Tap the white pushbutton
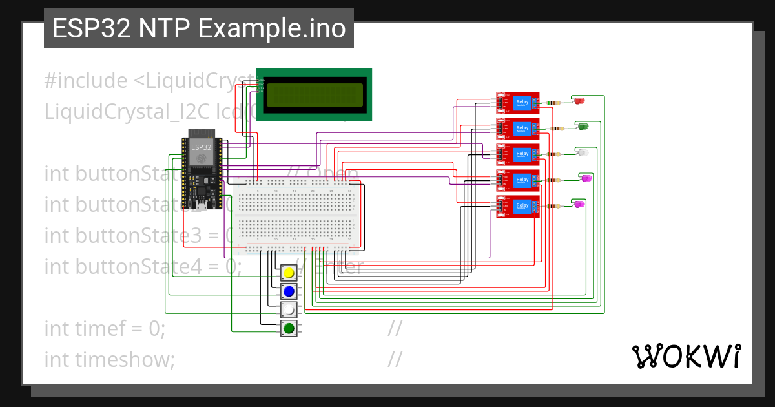pyautogui.click(x=289, y=310)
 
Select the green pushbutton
pyautogui.click(x=289, y=329)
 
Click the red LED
pyautogui.click(x=579, y=100)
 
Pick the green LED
pyautogui.click(x=583, y=126)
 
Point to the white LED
pyautogui.click(x=582, y=152)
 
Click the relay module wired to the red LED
pyautogui.click(x=517, y=103)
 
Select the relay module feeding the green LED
pyautogui.click(x=517, y=129)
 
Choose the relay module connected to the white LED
pyautogui.click(x=517, y=154)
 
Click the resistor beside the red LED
pyautogui.click(x=553, y=103)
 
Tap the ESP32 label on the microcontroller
pyautogui.click(x=201, y=147)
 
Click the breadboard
pyautogui.click(x=297, y=216)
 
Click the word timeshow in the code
pyautogui.click(x=123, y=359)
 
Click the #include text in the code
pyautogui.click(x=86, y=81)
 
